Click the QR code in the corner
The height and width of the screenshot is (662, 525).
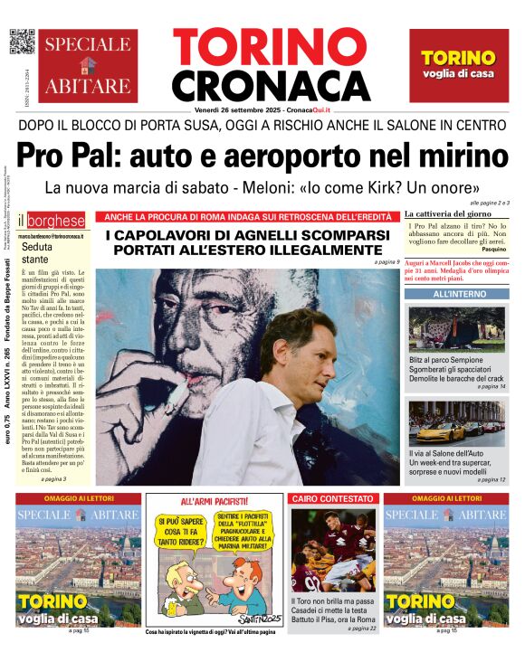click(x=21, y=42)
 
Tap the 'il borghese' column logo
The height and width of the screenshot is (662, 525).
click(x=52, y=220)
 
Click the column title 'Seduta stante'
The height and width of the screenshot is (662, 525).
click(x=37, y=252)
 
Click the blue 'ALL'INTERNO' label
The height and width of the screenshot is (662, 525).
click(x=456, y=295)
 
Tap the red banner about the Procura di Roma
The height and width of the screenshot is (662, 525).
click(x=248, y=216)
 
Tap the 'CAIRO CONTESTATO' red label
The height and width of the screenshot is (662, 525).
click(x=331, y=498)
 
